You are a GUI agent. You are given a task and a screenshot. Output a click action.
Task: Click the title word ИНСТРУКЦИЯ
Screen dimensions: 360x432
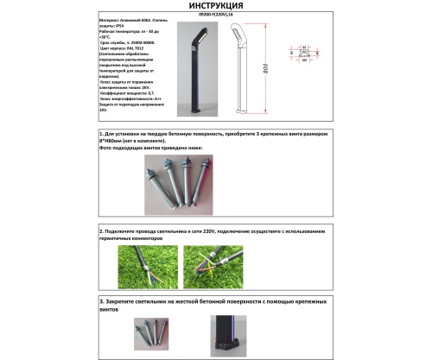pos(215,6)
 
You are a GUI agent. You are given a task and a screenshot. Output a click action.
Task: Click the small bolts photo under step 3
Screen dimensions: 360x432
pos(154,332)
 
